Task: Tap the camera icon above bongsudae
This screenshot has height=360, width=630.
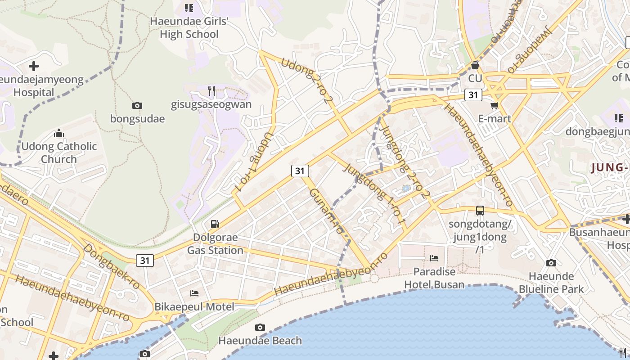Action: coord(137,106)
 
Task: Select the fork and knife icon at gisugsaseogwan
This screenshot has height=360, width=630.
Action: coord(211,91)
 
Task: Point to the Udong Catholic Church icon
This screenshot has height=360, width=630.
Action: coord(59,133)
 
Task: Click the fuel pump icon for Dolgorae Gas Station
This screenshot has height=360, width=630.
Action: coord(215,224)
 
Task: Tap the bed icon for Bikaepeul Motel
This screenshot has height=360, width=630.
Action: coord(194,293)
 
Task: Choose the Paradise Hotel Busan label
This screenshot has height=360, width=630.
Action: coord(434,278)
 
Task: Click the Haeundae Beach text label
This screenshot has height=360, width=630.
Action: coord(260,341)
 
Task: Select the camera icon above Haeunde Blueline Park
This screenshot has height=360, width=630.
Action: coord(551,263)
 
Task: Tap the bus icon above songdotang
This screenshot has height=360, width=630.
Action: coord(480,210)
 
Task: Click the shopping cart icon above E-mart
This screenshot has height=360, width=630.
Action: coord(495,106)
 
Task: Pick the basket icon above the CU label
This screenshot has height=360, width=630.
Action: coord(475,66)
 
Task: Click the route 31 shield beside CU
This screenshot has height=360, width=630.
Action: coord(472,95)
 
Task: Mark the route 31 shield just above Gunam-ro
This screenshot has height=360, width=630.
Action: coord(300,171)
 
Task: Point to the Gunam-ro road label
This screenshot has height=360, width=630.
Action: coord(326,211)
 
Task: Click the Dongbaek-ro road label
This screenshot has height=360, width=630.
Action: coord(111,266)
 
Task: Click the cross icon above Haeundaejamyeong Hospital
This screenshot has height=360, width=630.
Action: coord(34,67)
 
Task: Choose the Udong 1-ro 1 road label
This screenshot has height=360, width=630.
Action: coord(254,161)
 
